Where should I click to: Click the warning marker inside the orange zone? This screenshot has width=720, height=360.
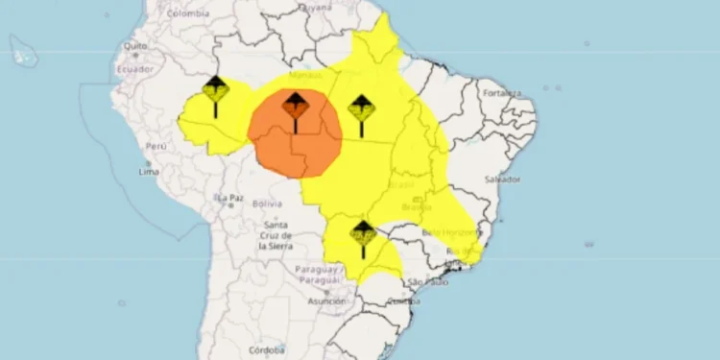click(x=295, y=108)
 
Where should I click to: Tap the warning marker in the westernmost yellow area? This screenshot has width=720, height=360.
click(x=215, y=92)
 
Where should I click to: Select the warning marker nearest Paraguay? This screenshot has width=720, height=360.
click(x=362, y=234)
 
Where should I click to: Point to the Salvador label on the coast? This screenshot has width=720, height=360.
click(x=503, y=180)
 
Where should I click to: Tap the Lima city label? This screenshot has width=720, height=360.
click(x=149, y=172)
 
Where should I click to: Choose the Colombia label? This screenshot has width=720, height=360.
click(x=187, y=13)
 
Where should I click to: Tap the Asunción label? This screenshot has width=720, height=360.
click(x=325, y=300)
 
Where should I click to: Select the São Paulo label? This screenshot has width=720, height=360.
click(x=429, y=281)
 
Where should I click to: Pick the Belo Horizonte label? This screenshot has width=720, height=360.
click(x=448, y=232)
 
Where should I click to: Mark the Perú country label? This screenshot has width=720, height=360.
click(x=156, y=146)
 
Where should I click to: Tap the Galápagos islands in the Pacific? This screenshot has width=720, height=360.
click(x=23, y=53)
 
